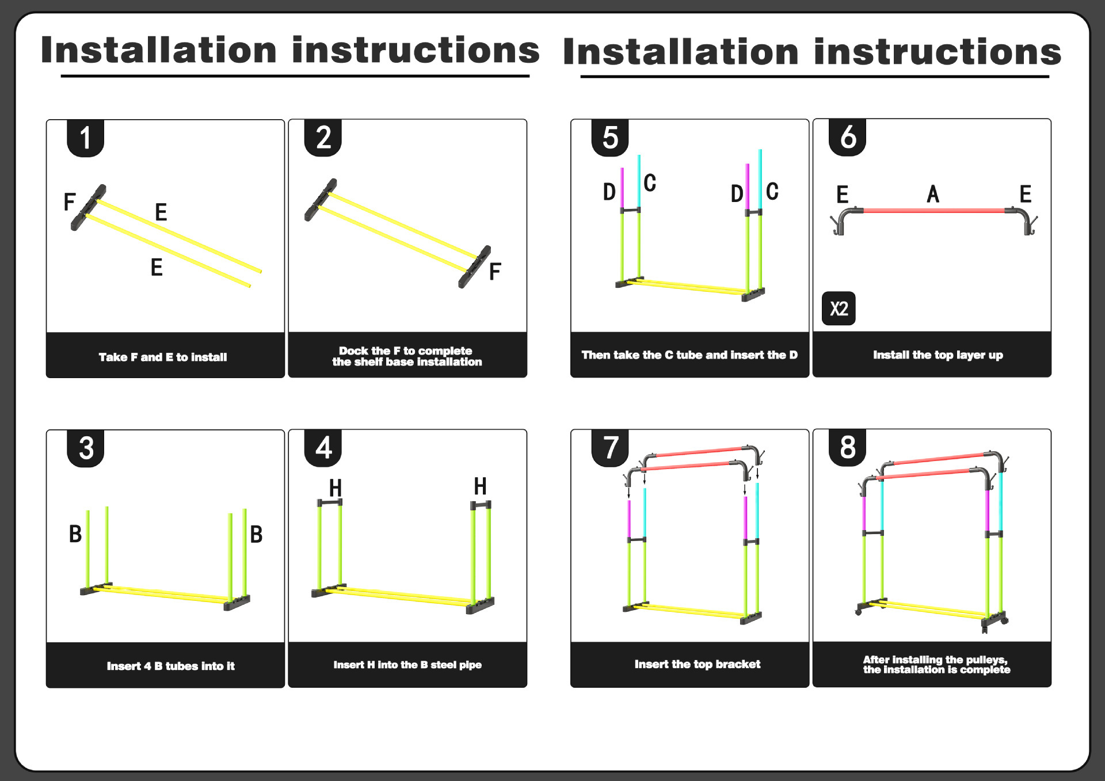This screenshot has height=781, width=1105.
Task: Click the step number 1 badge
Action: tap(85, 138)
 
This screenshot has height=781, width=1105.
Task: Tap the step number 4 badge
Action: tap(323, 447)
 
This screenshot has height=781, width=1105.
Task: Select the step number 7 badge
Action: tap(610, 447)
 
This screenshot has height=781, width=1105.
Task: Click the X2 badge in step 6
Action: tap(839, 308)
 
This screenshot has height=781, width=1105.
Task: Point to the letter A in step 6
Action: tap(933, 195)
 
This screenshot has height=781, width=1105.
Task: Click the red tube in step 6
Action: tap(933, 211)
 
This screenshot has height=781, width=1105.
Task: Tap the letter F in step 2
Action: tap(495, 272)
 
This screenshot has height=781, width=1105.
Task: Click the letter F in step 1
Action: tap(70, 202)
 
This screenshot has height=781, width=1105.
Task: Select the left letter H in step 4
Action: tap(336, 488)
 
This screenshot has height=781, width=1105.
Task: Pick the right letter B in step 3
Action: tap(256, 535)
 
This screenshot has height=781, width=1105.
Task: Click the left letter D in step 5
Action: tap(609, 192)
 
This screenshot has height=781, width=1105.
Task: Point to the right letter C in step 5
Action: tap(772, 192)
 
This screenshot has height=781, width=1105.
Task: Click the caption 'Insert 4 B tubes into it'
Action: tap(170, 666)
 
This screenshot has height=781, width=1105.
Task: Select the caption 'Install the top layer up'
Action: tap(938, 355)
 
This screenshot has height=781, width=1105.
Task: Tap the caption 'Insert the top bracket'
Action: tap(697, 664)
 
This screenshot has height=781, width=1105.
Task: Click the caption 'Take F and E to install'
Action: tap(163, 357)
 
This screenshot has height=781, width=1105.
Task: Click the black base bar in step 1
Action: tap(88, 207)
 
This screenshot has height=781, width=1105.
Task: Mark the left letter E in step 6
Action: tap(842, 195)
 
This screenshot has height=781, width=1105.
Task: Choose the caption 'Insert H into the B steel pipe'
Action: tap(407, 665)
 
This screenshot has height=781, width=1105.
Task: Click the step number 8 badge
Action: tap(847, 447)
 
